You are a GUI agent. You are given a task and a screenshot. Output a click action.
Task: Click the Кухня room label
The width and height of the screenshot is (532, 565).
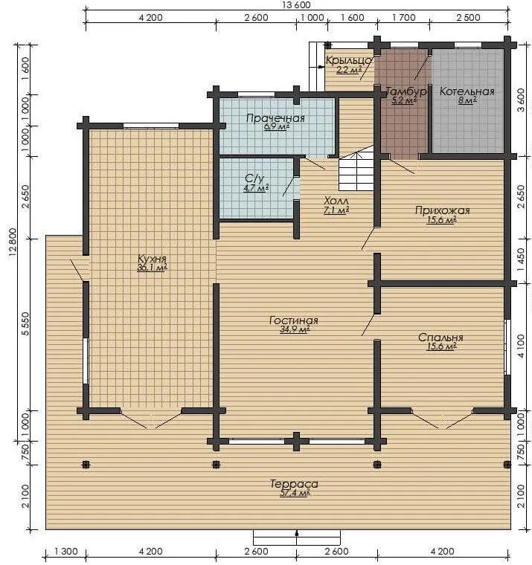click(153, 259)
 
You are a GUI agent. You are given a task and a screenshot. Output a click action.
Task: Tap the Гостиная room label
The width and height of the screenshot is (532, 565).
click(294, 320)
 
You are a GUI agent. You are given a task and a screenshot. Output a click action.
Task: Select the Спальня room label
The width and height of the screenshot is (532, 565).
click(440, 338)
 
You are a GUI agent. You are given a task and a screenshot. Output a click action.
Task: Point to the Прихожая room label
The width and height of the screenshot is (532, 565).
click(443, 210)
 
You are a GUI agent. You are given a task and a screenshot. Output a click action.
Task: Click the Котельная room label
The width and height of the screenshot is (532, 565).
click(467, 91)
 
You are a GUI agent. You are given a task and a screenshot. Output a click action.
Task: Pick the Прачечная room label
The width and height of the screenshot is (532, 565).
click(275, 118)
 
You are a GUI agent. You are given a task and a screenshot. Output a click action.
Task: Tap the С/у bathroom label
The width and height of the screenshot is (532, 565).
click(254, 178)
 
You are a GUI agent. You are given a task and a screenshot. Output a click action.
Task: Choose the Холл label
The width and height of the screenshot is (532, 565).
click(336, 201)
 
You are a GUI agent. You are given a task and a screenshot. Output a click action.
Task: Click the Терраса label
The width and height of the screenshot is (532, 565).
click(295, 483)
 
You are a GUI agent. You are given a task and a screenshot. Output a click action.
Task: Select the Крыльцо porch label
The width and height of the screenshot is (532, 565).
click(349, 60)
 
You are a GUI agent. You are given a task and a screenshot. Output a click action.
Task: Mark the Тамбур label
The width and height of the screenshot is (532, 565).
click(406, 91)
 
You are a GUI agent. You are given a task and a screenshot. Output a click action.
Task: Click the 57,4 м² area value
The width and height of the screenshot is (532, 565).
click(295, 493)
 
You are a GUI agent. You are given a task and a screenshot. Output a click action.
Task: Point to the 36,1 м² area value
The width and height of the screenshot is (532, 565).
click(152, 268)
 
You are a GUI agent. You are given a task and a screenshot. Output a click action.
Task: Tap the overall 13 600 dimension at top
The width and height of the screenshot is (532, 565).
click(295, 5)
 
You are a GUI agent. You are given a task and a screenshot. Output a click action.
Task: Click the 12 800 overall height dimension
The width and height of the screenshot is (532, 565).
click(13, 242)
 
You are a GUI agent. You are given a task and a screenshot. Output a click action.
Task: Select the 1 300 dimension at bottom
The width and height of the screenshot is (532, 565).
click(66, 552)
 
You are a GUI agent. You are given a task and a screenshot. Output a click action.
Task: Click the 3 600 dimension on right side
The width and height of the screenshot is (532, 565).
click(520, 100)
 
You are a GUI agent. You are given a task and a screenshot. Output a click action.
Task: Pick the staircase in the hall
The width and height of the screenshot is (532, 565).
click(356, 172)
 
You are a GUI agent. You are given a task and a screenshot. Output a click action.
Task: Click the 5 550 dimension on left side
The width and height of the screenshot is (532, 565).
click(25, 323)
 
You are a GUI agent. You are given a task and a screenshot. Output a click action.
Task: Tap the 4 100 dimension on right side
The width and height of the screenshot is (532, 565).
click(520, 346)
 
